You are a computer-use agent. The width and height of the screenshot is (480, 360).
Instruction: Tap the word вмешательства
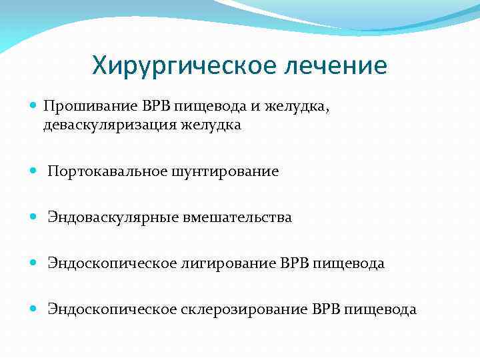click(239, 217)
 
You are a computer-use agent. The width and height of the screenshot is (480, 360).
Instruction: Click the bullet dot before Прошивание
click(35, 105)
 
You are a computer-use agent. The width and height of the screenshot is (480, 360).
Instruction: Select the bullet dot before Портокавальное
click(35, 171)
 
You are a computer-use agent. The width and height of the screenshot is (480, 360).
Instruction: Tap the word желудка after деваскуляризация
click(213, 125)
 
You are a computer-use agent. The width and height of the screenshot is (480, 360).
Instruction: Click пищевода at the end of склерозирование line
click(385, 309)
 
